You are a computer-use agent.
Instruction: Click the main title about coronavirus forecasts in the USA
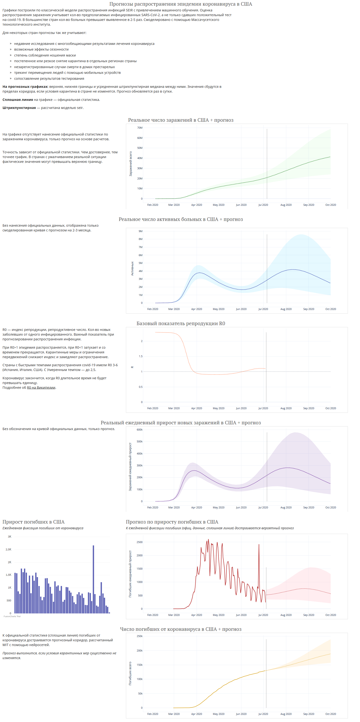point(180,4)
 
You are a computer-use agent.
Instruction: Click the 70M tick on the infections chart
point(139,128)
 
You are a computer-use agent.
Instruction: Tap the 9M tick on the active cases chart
point(140,231)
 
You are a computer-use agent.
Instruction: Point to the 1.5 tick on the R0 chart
point(140,356)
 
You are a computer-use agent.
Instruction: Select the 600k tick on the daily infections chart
point(139,430)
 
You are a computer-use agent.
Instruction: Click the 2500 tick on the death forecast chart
point(139,542)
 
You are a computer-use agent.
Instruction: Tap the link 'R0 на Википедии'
point(41,388)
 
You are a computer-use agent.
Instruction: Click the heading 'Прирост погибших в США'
point(33,522)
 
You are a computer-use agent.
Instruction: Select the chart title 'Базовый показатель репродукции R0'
point(180,323)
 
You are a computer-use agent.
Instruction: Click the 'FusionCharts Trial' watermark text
point(12,616)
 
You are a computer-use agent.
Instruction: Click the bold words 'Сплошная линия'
point(18,100)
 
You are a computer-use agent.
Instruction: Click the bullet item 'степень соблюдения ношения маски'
point(45,56)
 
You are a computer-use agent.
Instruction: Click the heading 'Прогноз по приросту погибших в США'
point(172,522)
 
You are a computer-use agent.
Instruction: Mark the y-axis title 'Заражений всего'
point(130,164)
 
